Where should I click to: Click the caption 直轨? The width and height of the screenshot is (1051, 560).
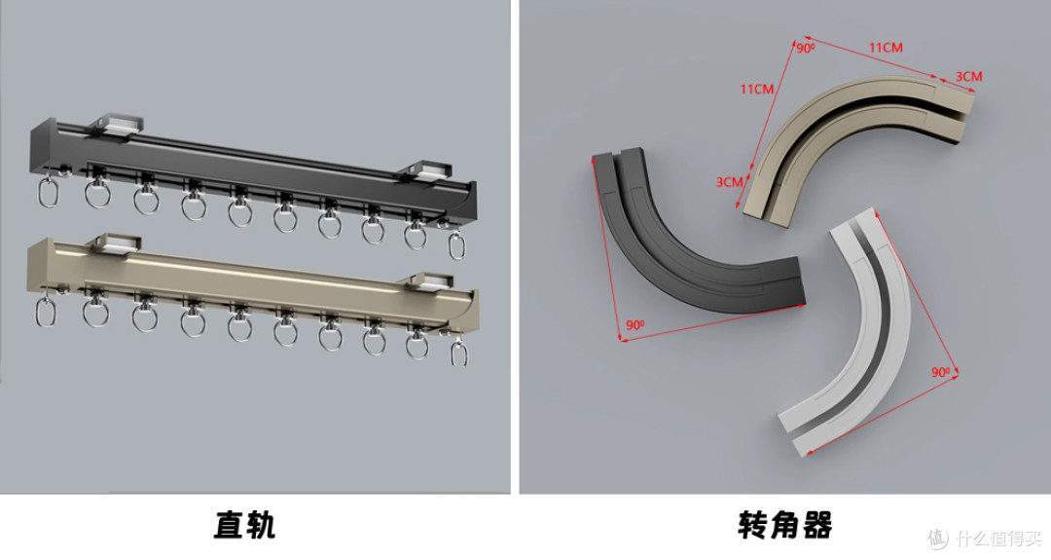tap(244, 525)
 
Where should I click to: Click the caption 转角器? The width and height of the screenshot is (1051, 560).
tap(785, 525)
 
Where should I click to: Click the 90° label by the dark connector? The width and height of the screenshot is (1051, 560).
tap(634, 325)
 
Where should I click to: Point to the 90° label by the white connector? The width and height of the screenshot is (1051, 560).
tap(940, 372)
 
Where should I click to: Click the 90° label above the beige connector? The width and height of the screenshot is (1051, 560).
tap(805, 49)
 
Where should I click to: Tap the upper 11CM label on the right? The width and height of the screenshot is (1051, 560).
tap(886, 48)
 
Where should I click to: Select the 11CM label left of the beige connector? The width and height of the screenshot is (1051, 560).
tap(757, 90)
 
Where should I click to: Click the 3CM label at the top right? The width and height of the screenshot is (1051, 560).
tap(968, 77)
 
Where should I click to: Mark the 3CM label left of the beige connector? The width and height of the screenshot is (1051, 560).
tap(729, 182)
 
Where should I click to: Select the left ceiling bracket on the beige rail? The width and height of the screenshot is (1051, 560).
tap(115, 244)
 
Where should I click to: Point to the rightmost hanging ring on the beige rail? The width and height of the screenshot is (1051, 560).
tap(459, 354)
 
